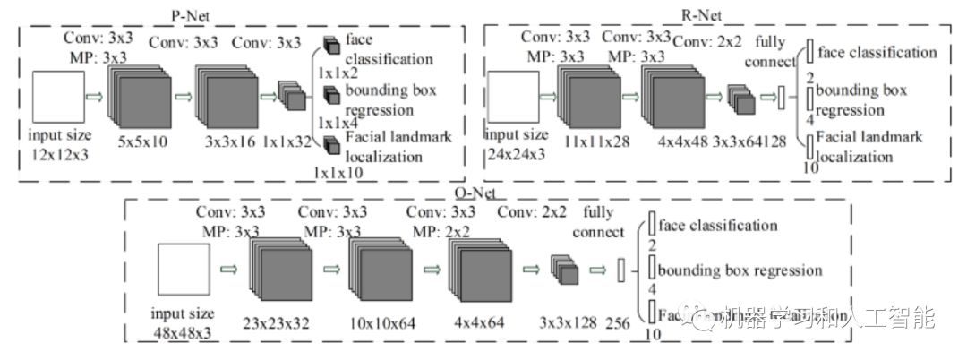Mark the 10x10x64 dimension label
click(383, 322)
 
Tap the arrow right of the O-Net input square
click(229, 267)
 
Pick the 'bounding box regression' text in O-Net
click(740, 270)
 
